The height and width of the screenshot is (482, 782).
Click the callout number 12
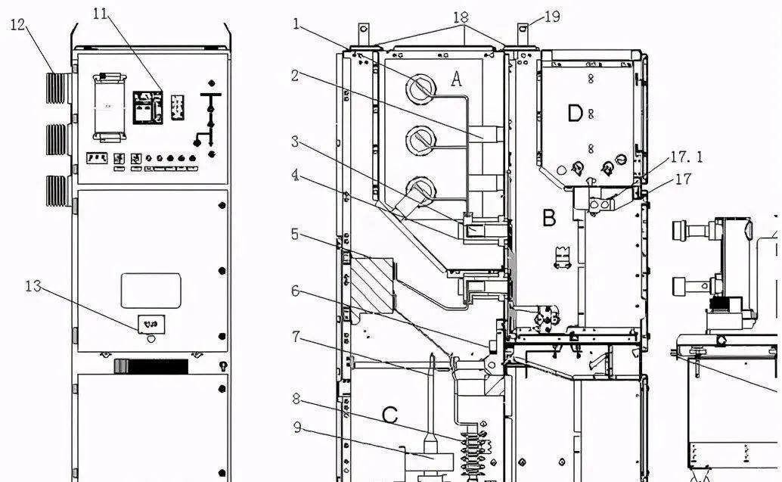point(17,25)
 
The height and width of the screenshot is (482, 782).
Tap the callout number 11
point(101,14)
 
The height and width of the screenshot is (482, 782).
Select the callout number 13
point(33,287)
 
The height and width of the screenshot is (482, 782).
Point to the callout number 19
point(552,17)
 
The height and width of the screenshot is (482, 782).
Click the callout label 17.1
point(686,157)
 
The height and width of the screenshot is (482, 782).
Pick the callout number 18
point(461,17)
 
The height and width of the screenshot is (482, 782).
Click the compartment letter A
point(456,79)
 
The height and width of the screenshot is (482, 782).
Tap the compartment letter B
point(549,218)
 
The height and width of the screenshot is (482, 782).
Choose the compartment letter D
point(575,114)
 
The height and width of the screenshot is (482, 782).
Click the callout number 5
point(295,234)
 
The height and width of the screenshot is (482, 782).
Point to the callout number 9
point(296,428)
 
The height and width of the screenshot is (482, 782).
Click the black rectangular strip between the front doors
point(151,366)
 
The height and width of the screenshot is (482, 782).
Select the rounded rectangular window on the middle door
point(151,291)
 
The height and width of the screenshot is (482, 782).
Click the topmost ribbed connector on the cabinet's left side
point(58,88)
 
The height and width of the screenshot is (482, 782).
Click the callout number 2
point(295,76)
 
